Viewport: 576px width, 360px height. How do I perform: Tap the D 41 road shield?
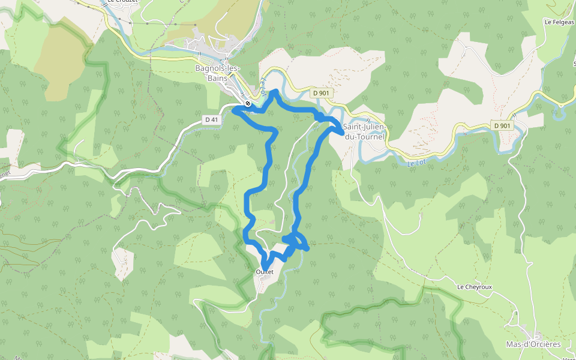[211, 119]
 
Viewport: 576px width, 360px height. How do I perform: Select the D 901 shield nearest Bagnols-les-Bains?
[322, 93]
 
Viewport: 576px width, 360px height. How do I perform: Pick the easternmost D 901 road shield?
[502, 125]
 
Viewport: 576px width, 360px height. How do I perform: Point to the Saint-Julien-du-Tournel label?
[364, 132]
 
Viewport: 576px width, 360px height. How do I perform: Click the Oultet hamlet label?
[265, 272]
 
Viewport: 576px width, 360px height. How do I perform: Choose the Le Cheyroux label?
[474, 287]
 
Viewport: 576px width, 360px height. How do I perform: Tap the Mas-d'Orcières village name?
[533, 344]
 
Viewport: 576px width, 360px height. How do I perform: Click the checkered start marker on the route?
[248, 104]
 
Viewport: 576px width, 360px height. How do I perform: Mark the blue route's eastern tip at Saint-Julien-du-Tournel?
[341, 132]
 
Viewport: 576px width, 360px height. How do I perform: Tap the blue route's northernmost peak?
[275, 91]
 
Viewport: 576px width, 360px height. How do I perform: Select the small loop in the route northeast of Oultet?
[295, 241]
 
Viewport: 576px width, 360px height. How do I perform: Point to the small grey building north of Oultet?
[274, 223]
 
